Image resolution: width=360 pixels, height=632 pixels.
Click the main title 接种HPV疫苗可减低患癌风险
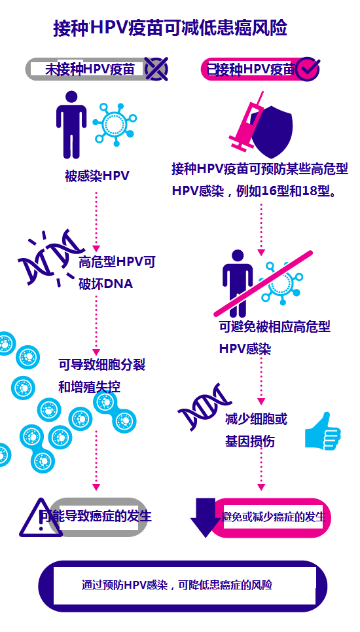pyautogui.click(x=170, y=28)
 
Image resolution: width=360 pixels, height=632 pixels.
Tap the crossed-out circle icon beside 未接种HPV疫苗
pyautogui.click(x=156, y=69)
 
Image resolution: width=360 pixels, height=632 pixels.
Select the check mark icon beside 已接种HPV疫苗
pyautogui.click(x=308, y=69)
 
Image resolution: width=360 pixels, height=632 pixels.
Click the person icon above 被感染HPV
pyautogui.click(x=71, y=124)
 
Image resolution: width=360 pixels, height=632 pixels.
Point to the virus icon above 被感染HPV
pyautogui.click(x=115, y=124)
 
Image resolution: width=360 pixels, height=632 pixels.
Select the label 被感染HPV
pyautogui.click(x=97, y=176)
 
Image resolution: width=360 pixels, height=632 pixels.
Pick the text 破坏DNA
pyautogui.click(x=106, y=284)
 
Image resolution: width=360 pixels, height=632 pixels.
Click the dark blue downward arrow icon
pyautogui.click(x=206, y=518)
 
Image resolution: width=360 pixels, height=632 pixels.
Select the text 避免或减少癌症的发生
pyautogui.click(x=274, y=517)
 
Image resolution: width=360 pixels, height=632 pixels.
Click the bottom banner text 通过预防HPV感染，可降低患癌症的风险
pyautogui.click(x=177, y=585)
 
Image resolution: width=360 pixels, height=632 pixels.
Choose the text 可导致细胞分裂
pyautogui.click(x=102, y=365)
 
